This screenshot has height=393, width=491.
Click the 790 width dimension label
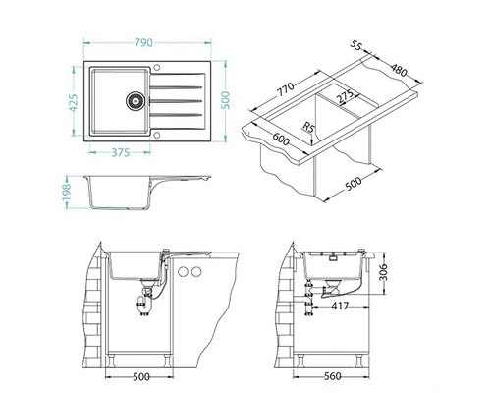point(143,42)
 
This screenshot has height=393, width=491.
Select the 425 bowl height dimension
point(74,103)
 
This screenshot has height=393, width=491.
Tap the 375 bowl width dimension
point(121,152)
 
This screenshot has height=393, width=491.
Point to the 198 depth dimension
point(67,193)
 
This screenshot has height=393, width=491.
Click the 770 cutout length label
point(286,89)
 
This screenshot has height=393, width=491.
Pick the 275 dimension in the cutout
point(346,97)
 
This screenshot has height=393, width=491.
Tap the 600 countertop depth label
point(281,139)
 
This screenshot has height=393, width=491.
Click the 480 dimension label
point(399,70)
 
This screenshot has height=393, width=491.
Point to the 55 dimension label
point(356,45)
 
